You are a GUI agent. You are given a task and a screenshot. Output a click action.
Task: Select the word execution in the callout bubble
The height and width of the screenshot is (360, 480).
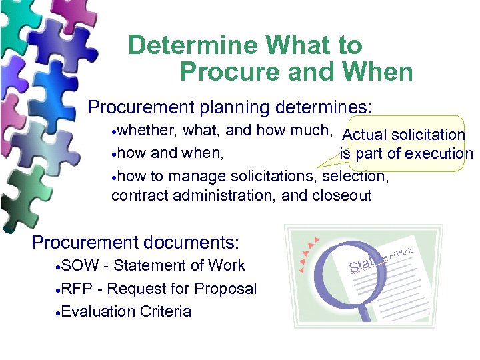coord(438,153)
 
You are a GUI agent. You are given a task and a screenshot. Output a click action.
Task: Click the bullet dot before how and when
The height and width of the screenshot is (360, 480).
coord(114,154)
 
